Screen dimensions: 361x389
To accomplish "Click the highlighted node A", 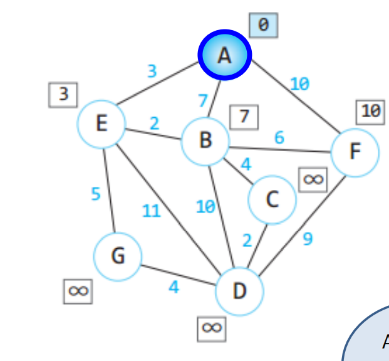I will (x=225, y=55).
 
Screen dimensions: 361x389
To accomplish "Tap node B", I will (x=205, y=140).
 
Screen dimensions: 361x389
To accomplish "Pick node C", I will (x=272, y=200).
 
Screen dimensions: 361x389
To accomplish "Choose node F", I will (x=355, y=152).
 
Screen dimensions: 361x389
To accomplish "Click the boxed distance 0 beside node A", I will (x=264, y=25).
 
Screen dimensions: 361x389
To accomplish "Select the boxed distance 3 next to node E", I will (x=63, y=95).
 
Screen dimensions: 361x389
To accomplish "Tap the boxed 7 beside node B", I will (x=244, y=116).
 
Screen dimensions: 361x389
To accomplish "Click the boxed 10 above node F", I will (x=370, y=112).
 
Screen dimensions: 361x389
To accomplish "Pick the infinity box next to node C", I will (x=313, y=180).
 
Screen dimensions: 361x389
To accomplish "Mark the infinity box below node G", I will (x=78, y=291).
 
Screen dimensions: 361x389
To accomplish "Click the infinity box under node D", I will (x=212, y=328).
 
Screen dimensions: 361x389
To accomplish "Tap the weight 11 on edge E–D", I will (x=152, y=211).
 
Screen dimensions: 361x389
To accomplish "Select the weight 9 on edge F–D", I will (x=308, y=239).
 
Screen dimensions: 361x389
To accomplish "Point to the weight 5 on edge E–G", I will (x=96, y=194).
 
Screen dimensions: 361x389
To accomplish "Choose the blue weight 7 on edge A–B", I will (x=202, y=100).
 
